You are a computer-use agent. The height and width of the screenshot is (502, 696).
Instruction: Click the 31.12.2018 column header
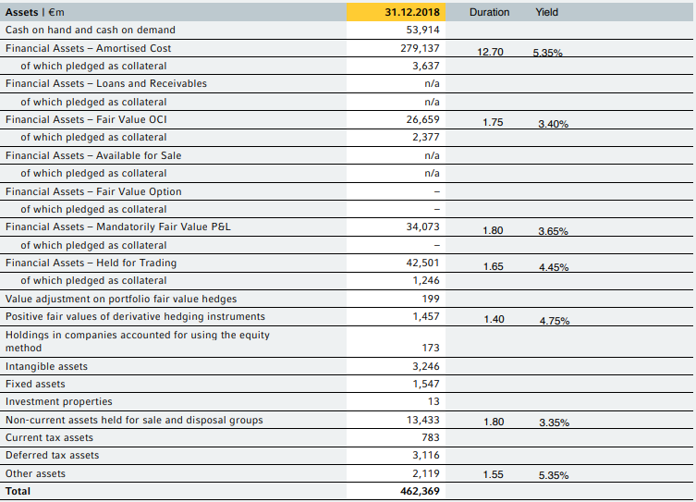[412, 12]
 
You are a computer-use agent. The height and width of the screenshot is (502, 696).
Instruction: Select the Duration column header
[489, 12]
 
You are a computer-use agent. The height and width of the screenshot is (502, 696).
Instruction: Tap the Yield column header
[546, 12]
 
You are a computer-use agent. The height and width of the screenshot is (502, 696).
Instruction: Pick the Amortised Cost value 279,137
[421, 48]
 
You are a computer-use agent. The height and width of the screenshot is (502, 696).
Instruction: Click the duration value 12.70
[490, 52]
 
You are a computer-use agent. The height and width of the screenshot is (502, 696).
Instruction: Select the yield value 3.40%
[553, 124]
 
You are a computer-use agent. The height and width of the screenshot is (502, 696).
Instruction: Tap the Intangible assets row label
[46, 366]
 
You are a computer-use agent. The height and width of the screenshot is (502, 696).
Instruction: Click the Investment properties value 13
[433, 401]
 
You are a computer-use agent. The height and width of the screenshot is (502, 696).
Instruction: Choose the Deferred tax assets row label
[52, 455]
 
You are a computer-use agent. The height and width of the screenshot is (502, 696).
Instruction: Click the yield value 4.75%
[554, 321]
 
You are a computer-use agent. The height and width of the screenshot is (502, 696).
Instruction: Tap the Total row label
[18, 491]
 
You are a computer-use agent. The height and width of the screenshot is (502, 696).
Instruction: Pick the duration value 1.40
[494, 319]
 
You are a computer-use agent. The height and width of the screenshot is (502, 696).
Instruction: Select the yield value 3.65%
[553, 231]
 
